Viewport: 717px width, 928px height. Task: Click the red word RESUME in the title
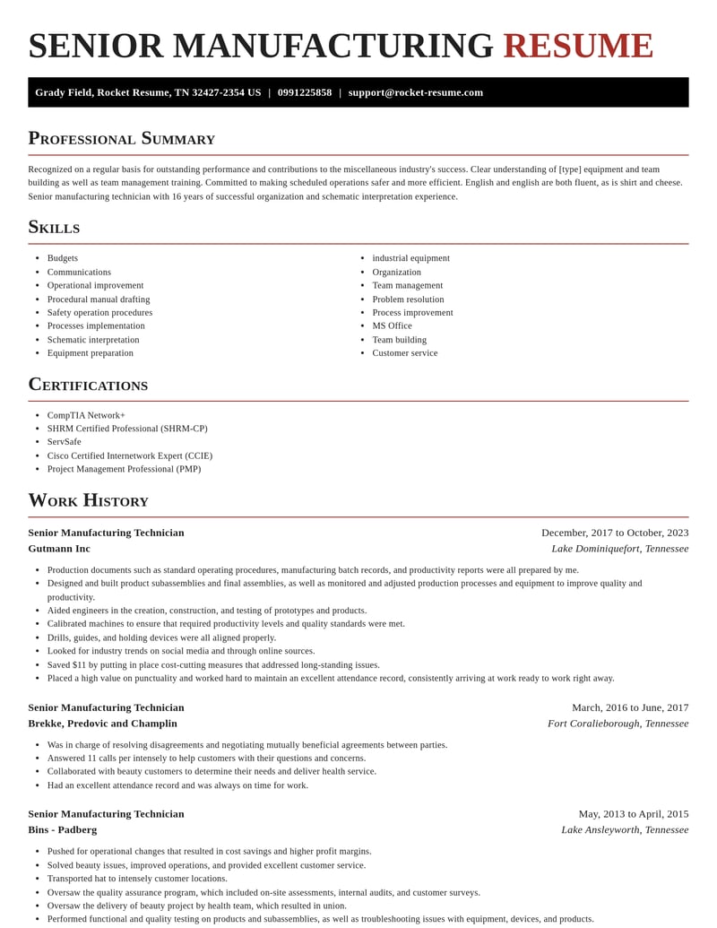point(578,46)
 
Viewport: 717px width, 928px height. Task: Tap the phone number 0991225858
point(304,92)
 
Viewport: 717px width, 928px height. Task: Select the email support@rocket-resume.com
point(415,92)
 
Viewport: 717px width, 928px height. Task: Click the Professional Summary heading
point(121,138)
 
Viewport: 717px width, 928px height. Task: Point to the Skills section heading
point(54,227)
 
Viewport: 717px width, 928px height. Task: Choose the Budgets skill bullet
point(63,258)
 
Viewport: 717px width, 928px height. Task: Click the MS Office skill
point(392,325)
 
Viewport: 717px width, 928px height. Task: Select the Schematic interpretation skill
point(93,340)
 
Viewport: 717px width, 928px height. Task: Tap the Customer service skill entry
point(405,352)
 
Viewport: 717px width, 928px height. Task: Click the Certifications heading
point(88,385)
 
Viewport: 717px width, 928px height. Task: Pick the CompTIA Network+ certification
point(86,415)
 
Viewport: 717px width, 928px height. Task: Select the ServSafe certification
point(65,441)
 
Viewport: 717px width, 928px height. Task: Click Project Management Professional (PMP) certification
point(124,468)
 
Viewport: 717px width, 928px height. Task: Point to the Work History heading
point(88,500)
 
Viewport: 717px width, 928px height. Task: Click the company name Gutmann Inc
point(59,549)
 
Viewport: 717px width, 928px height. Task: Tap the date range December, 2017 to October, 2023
point(615,533)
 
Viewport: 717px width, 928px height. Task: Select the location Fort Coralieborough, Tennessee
point(618,724)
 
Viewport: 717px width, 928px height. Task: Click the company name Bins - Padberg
point(62,829)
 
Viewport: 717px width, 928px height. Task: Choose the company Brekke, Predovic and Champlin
point(102,724)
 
